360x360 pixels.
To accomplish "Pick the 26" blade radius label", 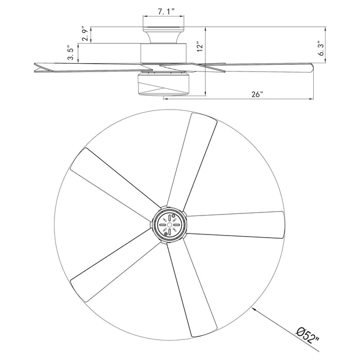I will pyautogui.click(x=257, y=94).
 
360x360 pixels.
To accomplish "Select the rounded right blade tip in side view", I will pyautogui.click(x=309, y=67).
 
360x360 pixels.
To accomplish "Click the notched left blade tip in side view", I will pyautogui.click(x=37, y=66).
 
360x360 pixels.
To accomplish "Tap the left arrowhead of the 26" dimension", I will pyautogui.click(x=166, y=99).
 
